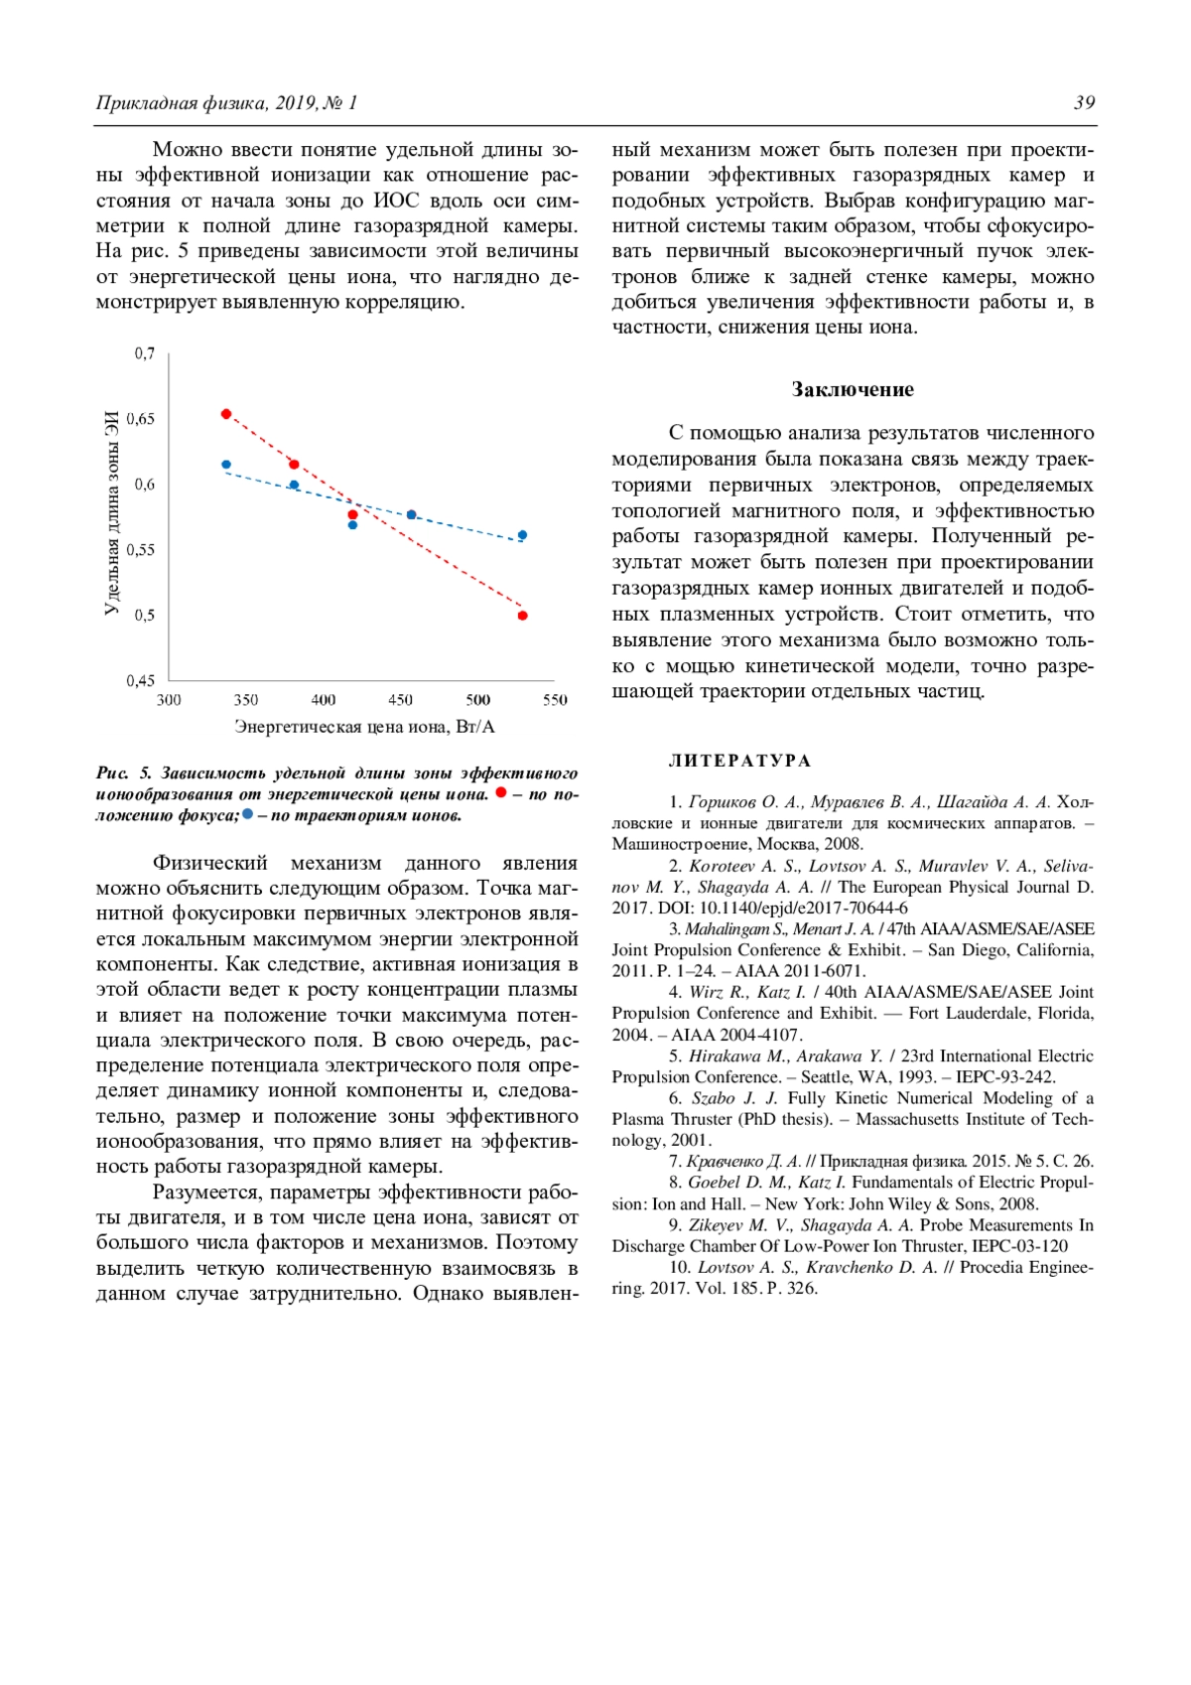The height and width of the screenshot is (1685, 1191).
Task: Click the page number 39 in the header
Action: point(1084,103)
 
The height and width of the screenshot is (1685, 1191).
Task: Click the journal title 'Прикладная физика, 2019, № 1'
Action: point(226,103)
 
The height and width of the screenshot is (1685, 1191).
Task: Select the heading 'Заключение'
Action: point(853,389)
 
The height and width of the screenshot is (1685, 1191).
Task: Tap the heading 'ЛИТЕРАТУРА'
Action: point(739,761)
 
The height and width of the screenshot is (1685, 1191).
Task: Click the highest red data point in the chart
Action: point(226,414)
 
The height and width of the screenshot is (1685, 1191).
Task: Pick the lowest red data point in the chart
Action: point(523,616)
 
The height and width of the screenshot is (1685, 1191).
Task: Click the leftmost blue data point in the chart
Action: point(226,465)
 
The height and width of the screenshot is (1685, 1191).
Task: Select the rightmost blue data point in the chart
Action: point(523,535)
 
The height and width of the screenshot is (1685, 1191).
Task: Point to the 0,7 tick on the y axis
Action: point(145,353)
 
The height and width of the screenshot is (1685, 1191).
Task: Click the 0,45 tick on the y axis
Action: point(141,680)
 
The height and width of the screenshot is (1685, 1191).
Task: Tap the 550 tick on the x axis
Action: point(555,700)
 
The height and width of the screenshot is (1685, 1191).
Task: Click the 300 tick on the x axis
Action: point(169,700)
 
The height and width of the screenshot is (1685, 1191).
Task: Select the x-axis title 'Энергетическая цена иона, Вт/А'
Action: point(364,727)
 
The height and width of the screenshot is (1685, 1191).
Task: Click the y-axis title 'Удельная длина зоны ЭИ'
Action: point(111,512)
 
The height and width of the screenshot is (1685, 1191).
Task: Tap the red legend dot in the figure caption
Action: point(501,792)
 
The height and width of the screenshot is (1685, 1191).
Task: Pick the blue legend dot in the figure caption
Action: point(247,814)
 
